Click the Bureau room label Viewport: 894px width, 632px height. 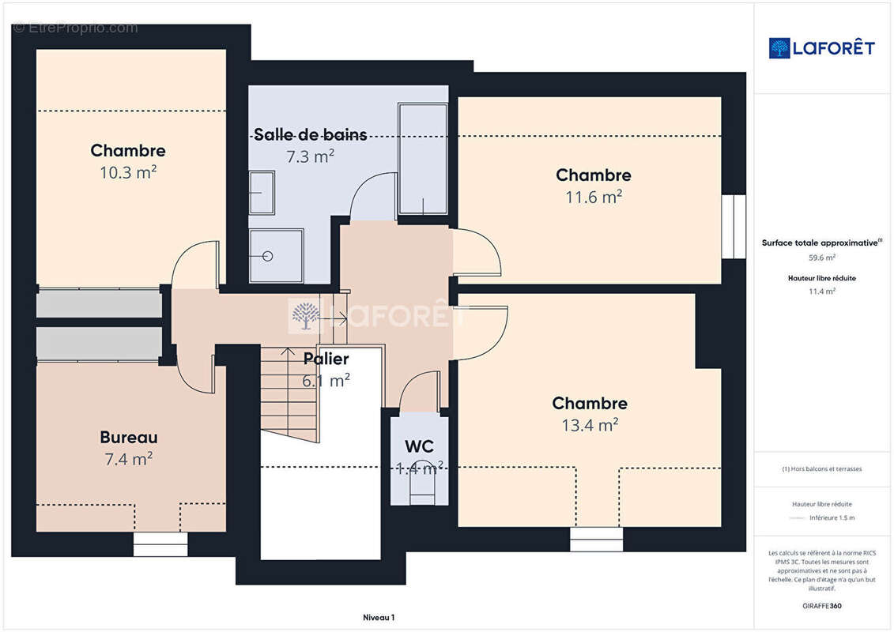tap(128, 437)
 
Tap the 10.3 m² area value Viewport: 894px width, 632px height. tap(128, 172)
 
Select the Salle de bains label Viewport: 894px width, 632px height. tap(310, 134)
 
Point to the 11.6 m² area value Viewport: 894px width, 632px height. tap(594, 197)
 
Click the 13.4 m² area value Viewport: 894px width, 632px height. tap(590, 424)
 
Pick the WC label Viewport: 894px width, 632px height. tap(419, 446)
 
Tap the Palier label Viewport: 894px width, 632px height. tap(326, 359)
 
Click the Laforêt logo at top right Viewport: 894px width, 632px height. tap(821, 48)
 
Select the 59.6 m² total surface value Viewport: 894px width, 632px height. tap(821, 258)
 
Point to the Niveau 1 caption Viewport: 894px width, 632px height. tap(379, 617)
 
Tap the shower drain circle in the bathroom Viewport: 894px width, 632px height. tap(267, 257)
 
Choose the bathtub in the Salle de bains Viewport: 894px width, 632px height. tap(422, 159)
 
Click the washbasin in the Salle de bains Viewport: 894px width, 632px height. tap(262, 193)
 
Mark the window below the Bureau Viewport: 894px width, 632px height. tap(160, 544)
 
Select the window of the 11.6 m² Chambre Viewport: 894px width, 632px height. tap(734, 227)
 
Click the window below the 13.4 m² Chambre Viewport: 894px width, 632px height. tap(596, 539)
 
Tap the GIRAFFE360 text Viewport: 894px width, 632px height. tap(821, 606)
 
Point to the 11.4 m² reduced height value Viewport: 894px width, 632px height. tap(821, 292)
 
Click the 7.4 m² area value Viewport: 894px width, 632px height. tap(128, 459)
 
